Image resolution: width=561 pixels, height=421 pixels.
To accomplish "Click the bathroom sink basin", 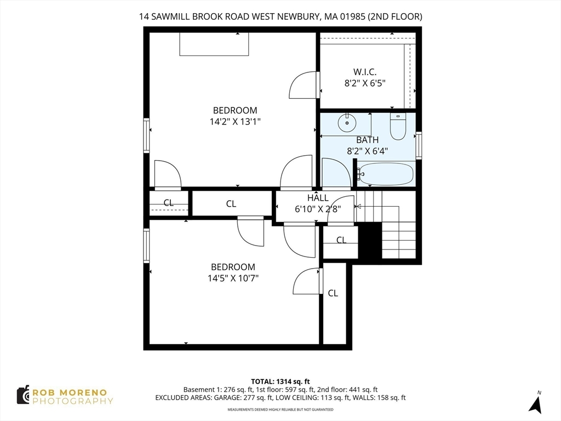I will click(x=346, y=123).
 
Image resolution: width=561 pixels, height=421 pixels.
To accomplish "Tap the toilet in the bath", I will click(x=398, y=128).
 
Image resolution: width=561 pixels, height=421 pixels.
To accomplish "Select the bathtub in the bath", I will click(x=386, y=174).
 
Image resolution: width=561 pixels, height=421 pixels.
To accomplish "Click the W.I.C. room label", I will click(x=365, y=71).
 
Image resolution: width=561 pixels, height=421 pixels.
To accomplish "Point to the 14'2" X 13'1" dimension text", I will click(x=235, y=122).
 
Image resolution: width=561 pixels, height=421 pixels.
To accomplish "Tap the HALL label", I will click(x=318, y=198).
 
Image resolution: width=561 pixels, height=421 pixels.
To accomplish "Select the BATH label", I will click(x=367, y=140).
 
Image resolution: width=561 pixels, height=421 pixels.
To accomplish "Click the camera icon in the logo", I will click(x=23, y=395).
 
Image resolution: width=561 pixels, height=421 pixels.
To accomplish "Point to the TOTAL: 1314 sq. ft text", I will click(x=280, y=381).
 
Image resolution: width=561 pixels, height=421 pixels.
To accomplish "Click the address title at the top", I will click(x=280, y=17).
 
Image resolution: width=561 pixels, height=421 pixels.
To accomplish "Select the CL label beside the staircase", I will click(x=341, y=240).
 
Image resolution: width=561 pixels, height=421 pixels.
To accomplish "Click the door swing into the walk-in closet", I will click(x=302, y=86).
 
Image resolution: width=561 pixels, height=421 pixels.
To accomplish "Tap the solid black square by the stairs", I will click(x=370, y=241).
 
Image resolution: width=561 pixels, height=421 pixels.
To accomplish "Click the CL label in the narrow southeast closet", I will click(x=333, y=293).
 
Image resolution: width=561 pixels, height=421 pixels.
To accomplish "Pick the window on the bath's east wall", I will click(x=419, y=146).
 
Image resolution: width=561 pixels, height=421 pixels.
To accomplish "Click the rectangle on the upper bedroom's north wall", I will click(x=214, y=44).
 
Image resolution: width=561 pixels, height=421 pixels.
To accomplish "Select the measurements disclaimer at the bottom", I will click(x=280, y=409).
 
